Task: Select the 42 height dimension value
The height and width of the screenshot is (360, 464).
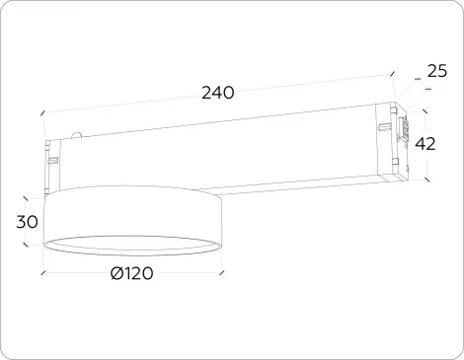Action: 425,144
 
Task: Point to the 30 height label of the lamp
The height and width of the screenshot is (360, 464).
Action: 28,222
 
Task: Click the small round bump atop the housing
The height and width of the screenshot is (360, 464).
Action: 77,135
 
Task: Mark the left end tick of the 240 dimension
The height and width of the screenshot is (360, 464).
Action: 42,114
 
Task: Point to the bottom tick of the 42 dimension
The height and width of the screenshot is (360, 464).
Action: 427,180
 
